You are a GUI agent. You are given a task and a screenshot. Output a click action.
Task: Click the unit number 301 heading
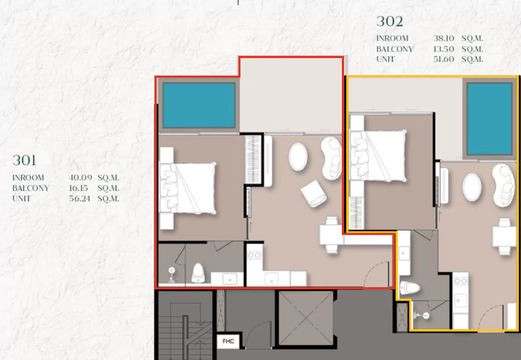pyautogui.click(x=24, y=160)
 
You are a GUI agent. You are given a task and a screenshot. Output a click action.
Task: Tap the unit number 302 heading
pyautogui.click(x=390, y=21)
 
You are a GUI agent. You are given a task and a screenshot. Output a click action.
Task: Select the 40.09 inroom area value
pyautogui.click(x=80, y=178)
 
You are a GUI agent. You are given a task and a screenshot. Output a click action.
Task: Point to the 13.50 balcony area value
pyautogui.click(x=444, y=49)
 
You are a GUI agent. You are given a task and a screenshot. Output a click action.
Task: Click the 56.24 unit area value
pyautogui.click(x=79, y=198)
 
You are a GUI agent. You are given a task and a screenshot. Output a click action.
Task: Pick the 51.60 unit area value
pyautogui.click(x=444, y=59)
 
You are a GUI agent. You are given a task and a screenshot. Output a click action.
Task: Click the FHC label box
pyautogui.click(x=228, y=341)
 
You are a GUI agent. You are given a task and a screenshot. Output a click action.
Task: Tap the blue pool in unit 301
pyautogui.click(x=199, y=105)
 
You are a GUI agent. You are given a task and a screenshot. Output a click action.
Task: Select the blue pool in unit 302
pyautogui.click(x=489, y=119)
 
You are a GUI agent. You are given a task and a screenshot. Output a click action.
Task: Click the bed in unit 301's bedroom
pyautogui.click(x=188, y=188)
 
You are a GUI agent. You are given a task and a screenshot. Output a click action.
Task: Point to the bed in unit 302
pyautogui.click(x=378, y=156)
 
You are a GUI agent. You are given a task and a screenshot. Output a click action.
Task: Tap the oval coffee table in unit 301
pyautogui.click(x=297, y=157)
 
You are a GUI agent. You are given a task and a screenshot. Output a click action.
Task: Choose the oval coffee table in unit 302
pyautogui.click(x=472, y=187)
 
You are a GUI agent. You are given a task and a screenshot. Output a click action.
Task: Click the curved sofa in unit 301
pyautogui.click(x=331, y=158)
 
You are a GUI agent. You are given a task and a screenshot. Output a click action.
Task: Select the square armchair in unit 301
pyautogui.click(x=314, y=193)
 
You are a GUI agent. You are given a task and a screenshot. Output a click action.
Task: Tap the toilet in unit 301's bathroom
pyautogui.click(x=198, y=272)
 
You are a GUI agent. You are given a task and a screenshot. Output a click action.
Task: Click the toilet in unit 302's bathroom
pyautogui.click(x=410, y=288)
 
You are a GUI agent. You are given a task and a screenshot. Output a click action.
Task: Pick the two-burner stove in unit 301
pyautogui.click(x=254, y=255)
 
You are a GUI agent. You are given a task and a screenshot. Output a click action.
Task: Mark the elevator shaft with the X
pyautogui.click(x=306, y=318)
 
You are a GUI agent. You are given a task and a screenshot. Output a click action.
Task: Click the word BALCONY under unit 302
pyautogui.click(x=394, y=49)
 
